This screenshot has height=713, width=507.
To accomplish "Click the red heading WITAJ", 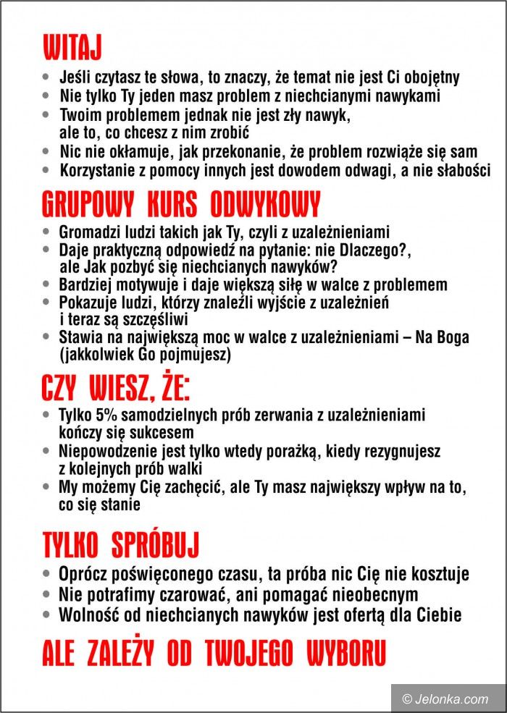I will [x=72, y=47].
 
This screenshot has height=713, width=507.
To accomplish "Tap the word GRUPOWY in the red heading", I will [x=88, y=205].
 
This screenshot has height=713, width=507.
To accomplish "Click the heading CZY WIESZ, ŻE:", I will [x=116, y=389].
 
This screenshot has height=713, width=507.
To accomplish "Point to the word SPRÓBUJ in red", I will [x=155, y=544].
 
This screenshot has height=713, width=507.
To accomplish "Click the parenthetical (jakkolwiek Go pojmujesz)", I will [x=145, y=355].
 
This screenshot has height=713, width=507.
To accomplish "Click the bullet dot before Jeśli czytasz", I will [x=47, y=77].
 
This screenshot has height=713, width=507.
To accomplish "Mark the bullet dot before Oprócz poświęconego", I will [x=47, y=574].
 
